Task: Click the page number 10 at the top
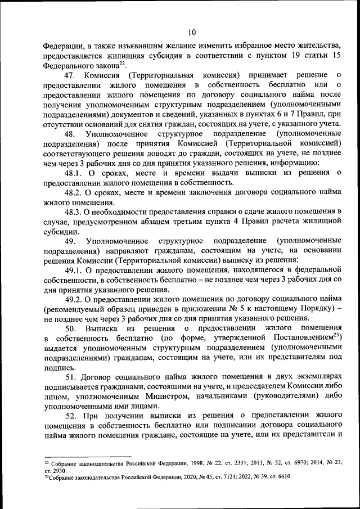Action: (192, 32)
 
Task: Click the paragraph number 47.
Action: (70, 75)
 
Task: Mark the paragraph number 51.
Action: (70, 376)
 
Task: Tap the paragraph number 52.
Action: (70, 415)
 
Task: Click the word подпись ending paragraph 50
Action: (59, 367)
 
